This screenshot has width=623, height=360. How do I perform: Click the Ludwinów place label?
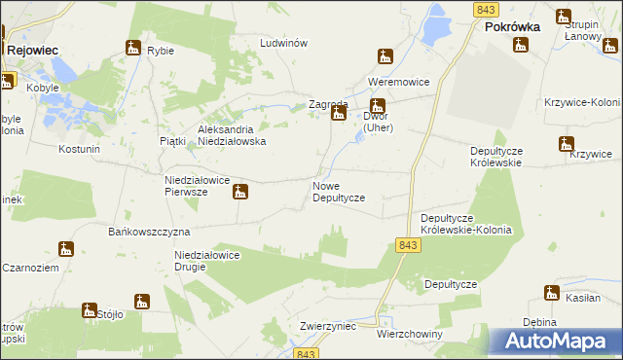point(283,44)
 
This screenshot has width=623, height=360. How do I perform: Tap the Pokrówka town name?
point(513,29)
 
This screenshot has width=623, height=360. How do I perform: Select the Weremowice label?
point(398,82)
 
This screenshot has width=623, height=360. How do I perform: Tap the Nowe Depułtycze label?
point(338,191)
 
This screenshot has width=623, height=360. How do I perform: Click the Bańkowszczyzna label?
point(148,233)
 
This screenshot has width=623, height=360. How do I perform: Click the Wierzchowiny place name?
point(409,334)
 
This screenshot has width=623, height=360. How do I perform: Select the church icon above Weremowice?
point(386,56)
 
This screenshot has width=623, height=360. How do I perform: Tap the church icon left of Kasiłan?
point(552,293)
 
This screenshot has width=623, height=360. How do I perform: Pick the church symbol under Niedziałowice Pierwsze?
point(239,193)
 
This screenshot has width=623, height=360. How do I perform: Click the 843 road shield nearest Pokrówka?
point(489,9)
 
